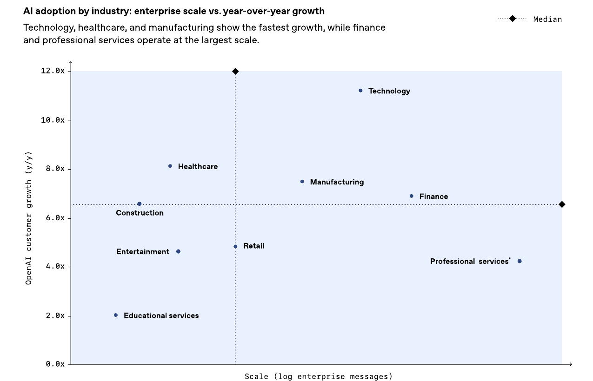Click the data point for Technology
pyautogui.click(x=360, y=91)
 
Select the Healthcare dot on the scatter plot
pyautogui.click(x=170, y=166)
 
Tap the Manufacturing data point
pyautogui.click(x=302, y=182)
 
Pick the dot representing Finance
pyautogui.click(x=412, y=196)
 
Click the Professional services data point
pyautogui.click(x=520, y=261)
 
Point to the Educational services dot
pyautogui.click(x=116, y=315)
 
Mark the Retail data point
pyautogui.click(x=235, y=247)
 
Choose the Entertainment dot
pyautogui.click(x=178, y=251)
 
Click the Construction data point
pyautogui.click(x=140, y=204)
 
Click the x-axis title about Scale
pyautogui.click(x=319, y=376)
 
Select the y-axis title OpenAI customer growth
pyautogui.click(x=29, y=217)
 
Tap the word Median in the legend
pyautogui.click(x=547, y=19)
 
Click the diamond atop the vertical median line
pyautogui.click(x=235, y=71)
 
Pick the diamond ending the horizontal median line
pyautogui.click(x=562, y=204)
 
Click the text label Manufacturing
pyautogui.click(x=337, y=182)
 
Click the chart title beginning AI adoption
pyautogui.click(x=174, y=11)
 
